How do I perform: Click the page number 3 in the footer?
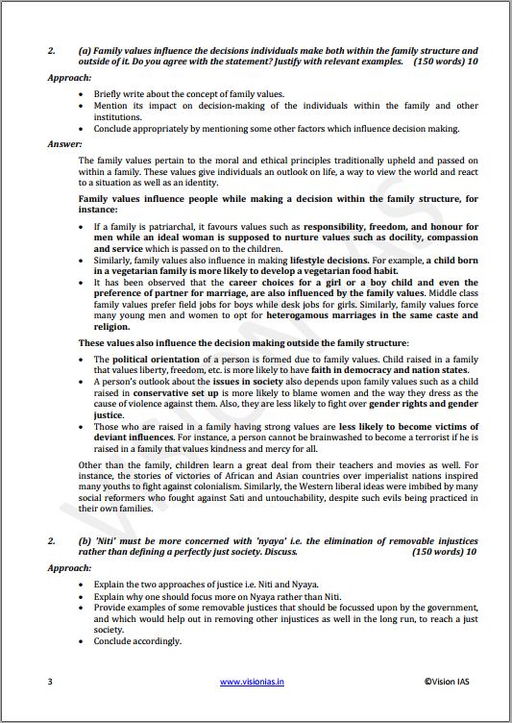point(49,682)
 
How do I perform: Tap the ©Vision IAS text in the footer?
point(451,682)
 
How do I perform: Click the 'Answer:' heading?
point(65,144)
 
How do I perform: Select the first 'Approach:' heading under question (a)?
point(69,77)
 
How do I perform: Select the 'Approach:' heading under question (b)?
point(69,568)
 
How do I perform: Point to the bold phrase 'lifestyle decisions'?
point(294,262)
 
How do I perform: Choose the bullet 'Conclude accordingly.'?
point(137,641)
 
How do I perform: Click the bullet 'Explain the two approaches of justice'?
point(174,585)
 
